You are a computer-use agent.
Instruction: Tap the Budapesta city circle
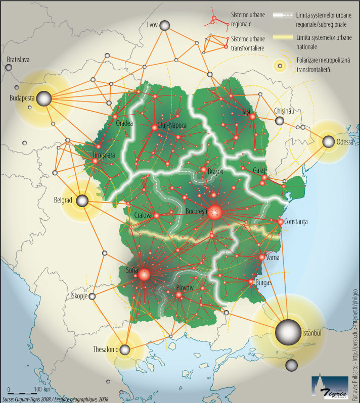click(x=44, y=99)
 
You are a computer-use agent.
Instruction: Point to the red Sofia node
click(x=144, y=275)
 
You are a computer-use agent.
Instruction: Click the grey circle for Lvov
click(x=165, y=26)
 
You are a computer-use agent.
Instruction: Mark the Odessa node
click(x=329, y=142)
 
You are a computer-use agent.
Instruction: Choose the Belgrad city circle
click(x=82, y=201)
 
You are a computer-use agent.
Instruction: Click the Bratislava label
click(x=18, y=60)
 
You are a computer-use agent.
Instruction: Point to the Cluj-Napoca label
click(x=172, y=125)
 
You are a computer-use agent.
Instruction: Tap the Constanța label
click(x=300, y=222)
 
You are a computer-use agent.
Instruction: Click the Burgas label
click(x=263, y=283)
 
